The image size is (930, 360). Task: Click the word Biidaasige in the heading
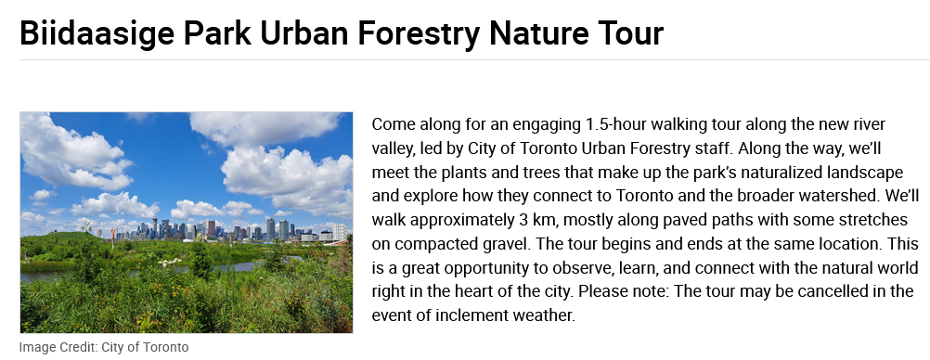click(97, 33)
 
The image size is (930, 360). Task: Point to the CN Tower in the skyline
click(155, 227)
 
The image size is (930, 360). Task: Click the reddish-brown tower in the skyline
click(211, 228)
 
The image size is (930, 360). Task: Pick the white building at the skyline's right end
click(340, 231)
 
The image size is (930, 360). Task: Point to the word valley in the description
click(391, 149)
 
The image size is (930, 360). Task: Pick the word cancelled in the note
click(835, 291)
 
